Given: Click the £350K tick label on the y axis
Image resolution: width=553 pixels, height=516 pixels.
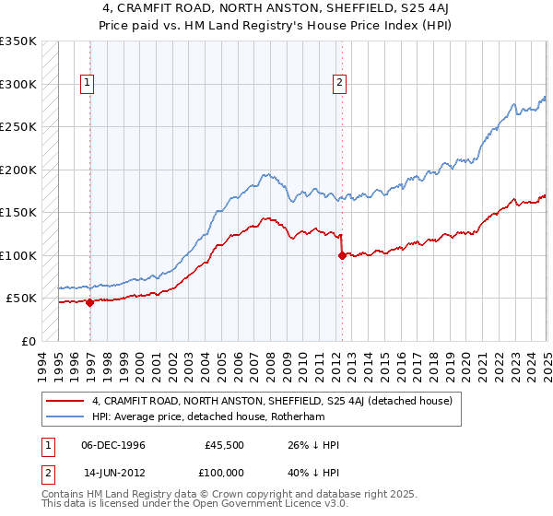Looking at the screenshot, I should point(18,41).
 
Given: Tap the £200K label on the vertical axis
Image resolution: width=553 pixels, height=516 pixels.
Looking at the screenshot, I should point(18,170).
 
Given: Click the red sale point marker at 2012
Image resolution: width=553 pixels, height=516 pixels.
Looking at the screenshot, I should point(342,255).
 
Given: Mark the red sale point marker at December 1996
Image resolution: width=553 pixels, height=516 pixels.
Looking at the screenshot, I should point(89,302).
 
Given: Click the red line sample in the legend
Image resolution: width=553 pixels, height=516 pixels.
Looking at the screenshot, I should point(65,402).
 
